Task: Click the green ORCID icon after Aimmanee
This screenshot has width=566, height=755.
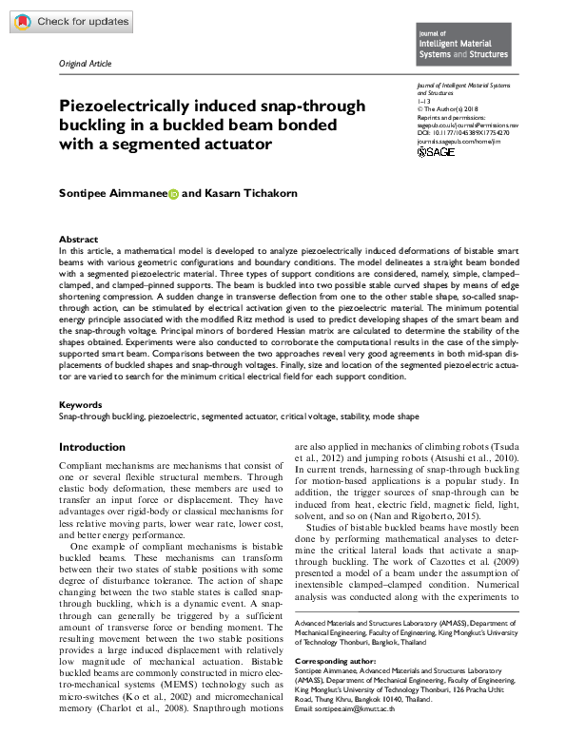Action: coord(173,194)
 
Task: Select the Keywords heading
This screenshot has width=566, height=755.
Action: coord(81,405)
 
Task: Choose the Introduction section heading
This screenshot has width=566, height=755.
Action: coord(92,447)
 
